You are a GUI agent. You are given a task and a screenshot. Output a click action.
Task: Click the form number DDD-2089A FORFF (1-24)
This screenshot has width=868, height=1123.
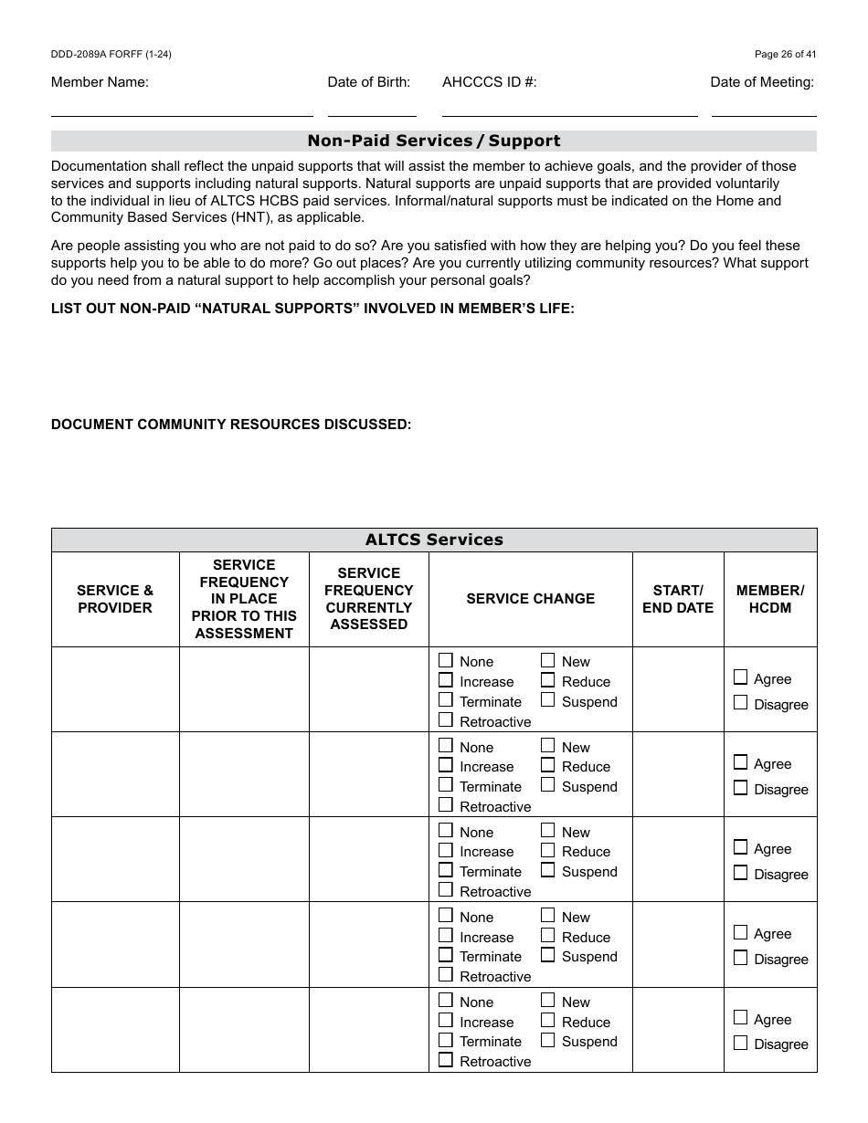pos(111,54)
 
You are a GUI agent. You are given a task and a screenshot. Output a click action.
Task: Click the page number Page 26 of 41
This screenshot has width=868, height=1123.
pos(785,54)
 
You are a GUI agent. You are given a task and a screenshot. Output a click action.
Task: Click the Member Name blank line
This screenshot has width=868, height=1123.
pos(182,108)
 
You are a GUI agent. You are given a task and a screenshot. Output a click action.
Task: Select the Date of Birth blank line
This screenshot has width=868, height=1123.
pos(372,108)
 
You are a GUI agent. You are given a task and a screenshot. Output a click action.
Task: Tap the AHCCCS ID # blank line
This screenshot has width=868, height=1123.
pos(569,108)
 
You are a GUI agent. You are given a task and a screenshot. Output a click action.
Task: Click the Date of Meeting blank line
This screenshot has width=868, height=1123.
pos(764,108)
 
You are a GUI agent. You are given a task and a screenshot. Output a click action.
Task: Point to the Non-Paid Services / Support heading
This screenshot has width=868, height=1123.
pos(434,141)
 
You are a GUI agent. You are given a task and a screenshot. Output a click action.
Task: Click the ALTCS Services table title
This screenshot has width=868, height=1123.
pos(434,540)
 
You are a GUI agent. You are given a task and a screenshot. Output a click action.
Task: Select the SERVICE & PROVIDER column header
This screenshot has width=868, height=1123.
pos(115,599)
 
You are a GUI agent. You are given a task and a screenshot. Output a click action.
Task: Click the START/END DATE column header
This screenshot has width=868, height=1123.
pos(677,599)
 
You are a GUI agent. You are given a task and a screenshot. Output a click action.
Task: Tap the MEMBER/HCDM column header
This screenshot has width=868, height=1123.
pos(769,599)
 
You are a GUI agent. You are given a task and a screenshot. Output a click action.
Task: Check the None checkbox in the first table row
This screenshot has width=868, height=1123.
pos(446,660)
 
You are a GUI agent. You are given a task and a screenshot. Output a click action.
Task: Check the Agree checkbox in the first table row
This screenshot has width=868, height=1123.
pos(740,677)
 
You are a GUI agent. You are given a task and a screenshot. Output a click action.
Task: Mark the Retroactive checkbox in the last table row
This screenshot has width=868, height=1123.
pos(446,1060)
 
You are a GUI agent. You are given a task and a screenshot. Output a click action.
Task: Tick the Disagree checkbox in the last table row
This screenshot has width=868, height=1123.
pos(740,1043)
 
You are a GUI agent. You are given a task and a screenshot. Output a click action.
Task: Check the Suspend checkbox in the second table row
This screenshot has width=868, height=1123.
pos(547,785)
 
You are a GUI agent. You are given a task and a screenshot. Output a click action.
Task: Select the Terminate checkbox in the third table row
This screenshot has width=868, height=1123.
pos(446,870)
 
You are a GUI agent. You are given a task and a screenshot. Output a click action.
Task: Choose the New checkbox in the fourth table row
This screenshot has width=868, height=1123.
pos(547,916)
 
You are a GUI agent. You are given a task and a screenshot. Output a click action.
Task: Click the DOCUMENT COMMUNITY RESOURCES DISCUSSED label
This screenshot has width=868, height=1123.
pos(231,425)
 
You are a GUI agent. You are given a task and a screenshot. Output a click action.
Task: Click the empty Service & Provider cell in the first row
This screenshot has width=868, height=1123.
pos(115,689)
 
